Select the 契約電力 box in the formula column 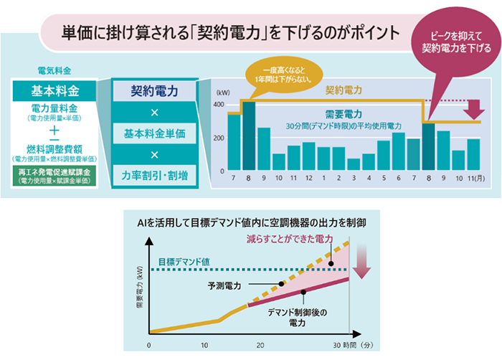coord(153,91)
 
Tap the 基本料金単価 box coord(153,133)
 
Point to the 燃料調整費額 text coord(55,148)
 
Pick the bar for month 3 coord(354,164)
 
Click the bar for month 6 coord(398,151)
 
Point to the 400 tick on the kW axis coord(219,105)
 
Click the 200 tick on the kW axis coord(219,137)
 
